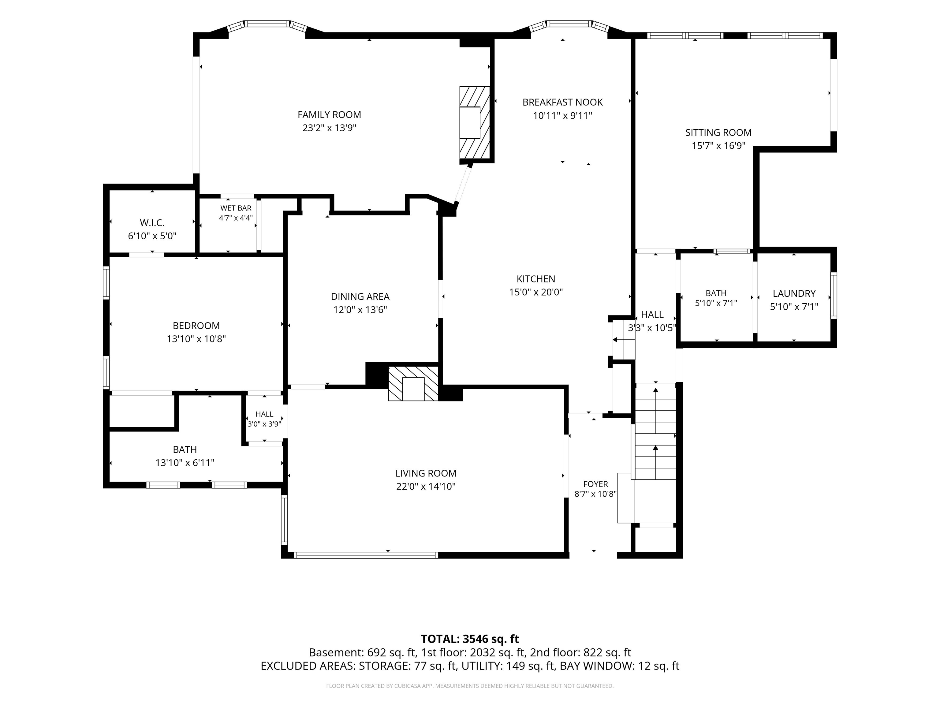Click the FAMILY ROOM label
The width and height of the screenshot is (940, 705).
pos(329,115)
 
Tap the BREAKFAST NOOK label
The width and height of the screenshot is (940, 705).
pos(563,103)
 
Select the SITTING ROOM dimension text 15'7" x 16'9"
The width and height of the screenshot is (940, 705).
pos(718,146)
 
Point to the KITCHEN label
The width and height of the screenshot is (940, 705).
pos(536,279)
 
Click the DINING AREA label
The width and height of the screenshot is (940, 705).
pos(360,297)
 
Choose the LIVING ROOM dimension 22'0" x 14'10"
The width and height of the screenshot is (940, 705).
pos(426,486)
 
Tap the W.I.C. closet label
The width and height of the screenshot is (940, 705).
pos(152,223)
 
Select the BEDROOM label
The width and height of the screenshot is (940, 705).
pos(196,326)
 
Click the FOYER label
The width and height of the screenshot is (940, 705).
pos(595,484)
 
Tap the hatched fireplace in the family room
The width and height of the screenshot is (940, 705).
pos(475,124)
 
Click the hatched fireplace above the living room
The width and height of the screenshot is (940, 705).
pos(413,384)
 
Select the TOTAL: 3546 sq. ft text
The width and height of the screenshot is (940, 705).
pos(470,639)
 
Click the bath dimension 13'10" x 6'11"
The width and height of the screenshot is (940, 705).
pos(185,462)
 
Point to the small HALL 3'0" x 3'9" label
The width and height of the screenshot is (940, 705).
pos(264,419)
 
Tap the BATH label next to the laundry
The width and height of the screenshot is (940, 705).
pos(716,293)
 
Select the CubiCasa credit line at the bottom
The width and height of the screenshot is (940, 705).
pos(470,686)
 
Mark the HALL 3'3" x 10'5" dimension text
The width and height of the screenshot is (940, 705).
pos(652,328)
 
